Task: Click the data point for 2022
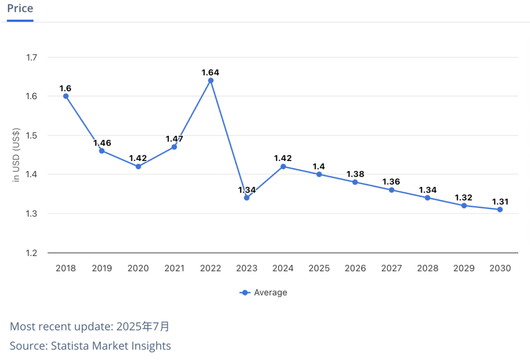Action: [211, 80]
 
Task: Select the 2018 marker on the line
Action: [66, 96]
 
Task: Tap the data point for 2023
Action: [247, 198]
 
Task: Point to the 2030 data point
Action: [500, 209]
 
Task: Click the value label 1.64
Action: [211, 72]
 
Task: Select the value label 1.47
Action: [174, 139]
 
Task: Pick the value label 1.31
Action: [500, 201]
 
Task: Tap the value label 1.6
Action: [66, 88]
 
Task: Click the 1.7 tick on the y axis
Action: [32, 57]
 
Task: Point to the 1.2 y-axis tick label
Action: [32, 253]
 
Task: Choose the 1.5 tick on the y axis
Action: [32, 135]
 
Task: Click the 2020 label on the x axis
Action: [138, 268]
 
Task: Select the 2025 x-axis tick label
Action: [319, 268]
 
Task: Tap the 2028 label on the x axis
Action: [428, 268]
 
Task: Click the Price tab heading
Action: [20, 9]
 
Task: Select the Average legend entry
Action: [263, 292]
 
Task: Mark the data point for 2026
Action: [355, 182]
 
